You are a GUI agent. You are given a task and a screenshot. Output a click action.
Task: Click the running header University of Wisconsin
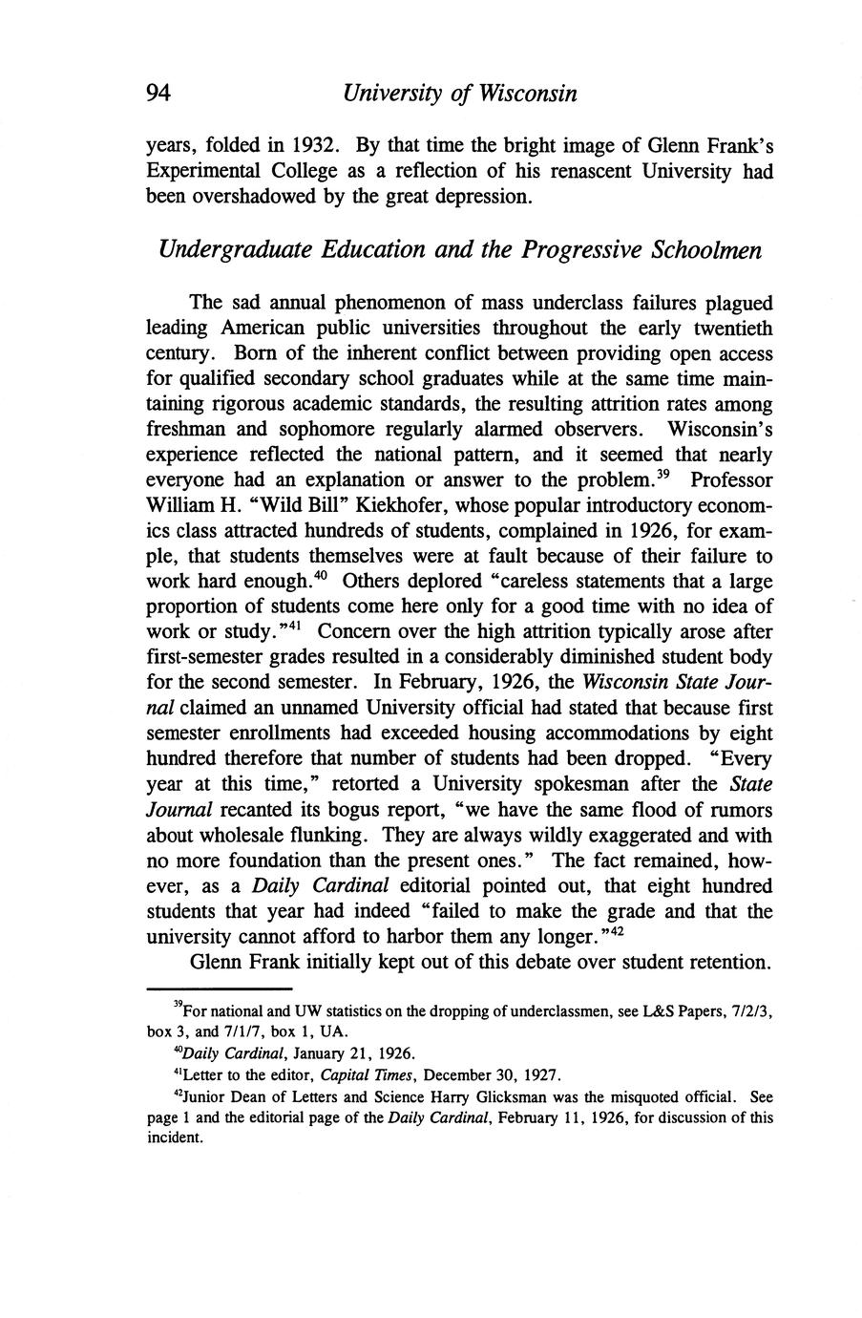(460, 95)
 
